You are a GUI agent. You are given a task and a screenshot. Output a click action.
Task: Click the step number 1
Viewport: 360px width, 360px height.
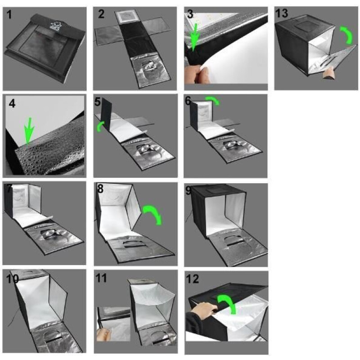[x=9, y=15]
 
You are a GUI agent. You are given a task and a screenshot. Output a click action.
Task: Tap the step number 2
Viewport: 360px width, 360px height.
[x=101, y=14]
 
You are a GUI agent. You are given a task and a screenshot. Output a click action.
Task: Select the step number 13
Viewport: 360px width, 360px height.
[x=282, y=13]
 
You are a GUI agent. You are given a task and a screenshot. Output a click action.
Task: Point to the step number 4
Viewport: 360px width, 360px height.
[x=12, y=103]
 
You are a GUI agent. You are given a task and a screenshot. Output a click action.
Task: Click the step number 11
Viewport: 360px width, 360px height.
[x=101, y=278]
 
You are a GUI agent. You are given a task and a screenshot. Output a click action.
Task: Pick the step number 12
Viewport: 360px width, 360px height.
[x=193, y=279]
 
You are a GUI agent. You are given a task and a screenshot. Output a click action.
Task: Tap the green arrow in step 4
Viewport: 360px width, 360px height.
[x=29, y=131]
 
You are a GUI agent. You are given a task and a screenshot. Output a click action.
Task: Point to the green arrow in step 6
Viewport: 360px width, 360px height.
[x=213, y=99]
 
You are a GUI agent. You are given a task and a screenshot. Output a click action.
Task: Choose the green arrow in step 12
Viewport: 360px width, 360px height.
[x=227, y=302]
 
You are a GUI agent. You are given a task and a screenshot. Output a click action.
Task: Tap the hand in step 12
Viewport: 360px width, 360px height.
[x=204, y=310]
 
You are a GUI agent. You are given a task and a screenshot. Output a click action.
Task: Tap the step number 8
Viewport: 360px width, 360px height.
[x=100, y=189]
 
